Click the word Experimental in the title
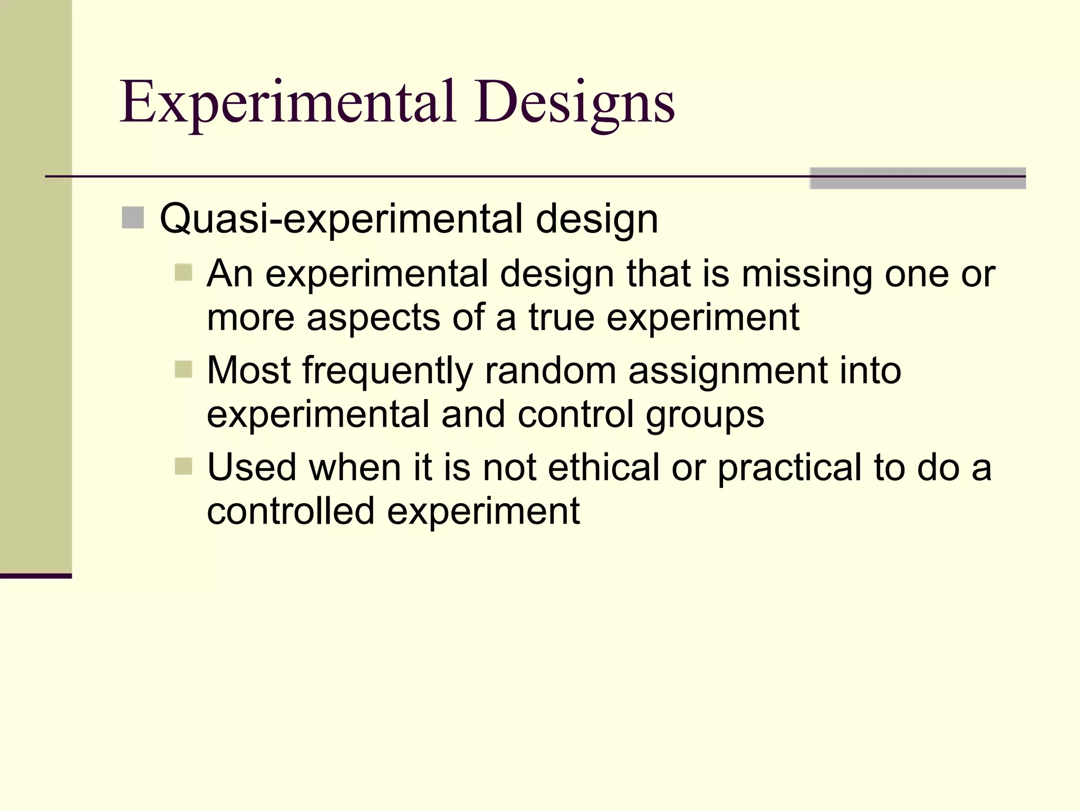(287, 103)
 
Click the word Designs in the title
(574, 103)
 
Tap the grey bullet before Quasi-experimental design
(132, 218)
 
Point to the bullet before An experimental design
(183, 273)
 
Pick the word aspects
(373, 318)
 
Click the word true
(561, 318)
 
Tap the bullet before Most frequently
(183, 370)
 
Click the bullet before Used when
(183, 466)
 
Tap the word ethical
(603, 468)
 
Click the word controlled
(291, 512)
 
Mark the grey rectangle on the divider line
(917, 178)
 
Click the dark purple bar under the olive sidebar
(35, 576)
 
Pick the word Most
(248, 371)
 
